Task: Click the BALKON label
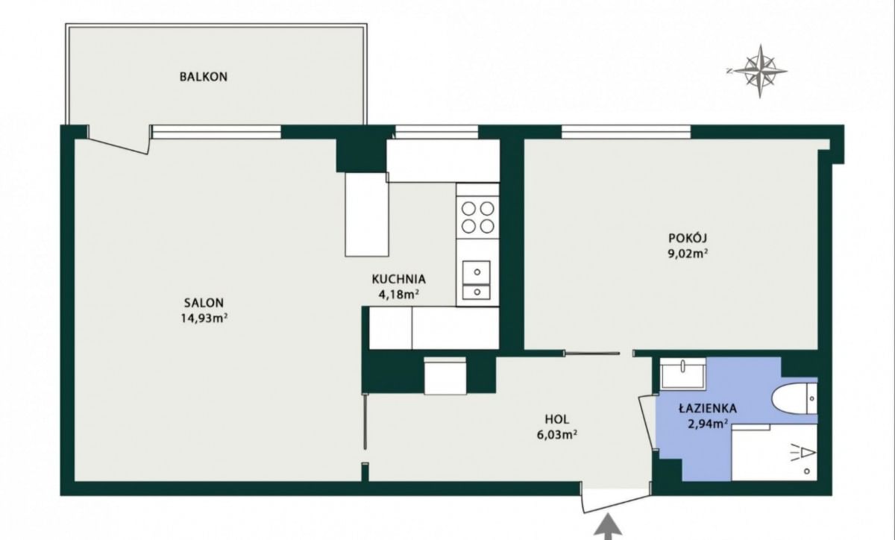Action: [204, 76]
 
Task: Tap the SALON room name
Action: [204, 303]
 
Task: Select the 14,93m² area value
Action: [204, 318]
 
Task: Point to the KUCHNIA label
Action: [399, 279]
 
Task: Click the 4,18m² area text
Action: [399, 295]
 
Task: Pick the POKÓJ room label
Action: [688, 238]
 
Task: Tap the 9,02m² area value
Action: [688, 254]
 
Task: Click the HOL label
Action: [557, 419]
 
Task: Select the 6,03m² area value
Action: [557, 435]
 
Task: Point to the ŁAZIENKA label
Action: [708, 409]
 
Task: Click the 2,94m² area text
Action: [708, 424]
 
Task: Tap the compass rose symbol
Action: [759, 72]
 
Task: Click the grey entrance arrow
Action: [608, 527]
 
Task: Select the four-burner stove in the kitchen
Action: [478, 218]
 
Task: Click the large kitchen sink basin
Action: [477, 272]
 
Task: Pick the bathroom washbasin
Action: [683, 373]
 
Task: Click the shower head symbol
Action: [803, 454]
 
